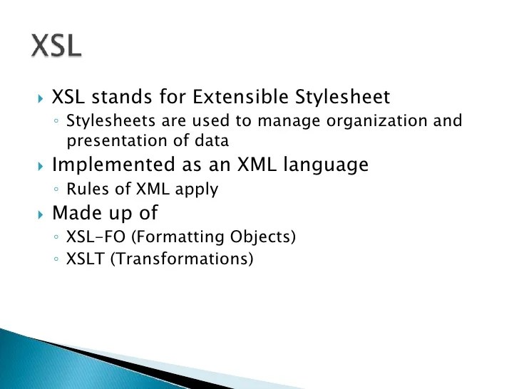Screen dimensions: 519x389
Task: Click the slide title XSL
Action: pos(56,46)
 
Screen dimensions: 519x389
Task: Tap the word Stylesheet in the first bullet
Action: pos(342,97)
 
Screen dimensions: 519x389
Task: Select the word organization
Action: pos(376,120)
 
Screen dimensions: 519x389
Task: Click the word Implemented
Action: pos(113,165)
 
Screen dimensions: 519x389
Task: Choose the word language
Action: pos(326,165)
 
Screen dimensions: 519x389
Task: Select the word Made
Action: pos(77,212)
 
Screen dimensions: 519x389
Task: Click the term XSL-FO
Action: pos(96,237)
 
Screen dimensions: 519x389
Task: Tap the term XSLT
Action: pos(86,259)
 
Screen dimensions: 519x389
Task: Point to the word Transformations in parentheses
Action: pos(182,259)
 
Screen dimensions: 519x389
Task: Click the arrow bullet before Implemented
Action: pos(41,166)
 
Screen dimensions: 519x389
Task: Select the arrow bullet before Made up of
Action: pos(41,214)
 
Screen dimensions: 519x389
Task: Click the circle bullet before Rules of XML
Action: pos(56,190)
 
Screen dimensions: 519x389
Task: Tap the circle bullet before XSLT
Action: pos(56,259)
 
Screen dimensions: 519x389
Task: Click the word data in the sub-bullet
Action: pos(212,141)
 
